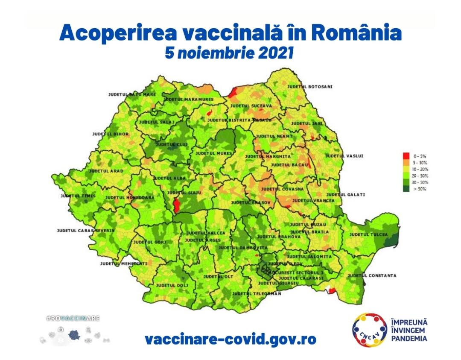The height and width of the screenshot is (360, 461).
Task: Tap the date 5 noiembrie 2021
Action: click(230, 53)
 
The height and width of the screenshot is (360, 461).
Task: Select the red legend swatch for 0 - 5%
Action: click(406, 156)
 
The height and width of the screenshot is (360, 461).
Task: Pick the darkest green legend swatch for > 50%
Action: click(406, 188)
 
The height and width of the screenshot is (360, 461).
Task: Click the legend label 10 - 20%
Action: click(420, 169)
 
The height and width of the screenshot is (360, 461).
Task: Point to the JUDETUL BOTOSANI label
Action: click(309, 87)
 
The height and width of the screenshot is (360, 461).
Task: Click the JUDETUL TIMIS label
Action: click(78, 196)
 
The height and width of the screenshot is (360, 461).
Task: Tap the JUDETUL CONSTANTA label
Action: click(372, 276)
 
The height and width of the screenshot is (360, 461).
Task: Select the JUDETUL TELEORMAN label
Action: click(257, 294)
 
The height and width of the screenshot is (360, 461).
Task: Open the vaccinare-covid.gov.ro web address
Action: click(230, 340)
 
